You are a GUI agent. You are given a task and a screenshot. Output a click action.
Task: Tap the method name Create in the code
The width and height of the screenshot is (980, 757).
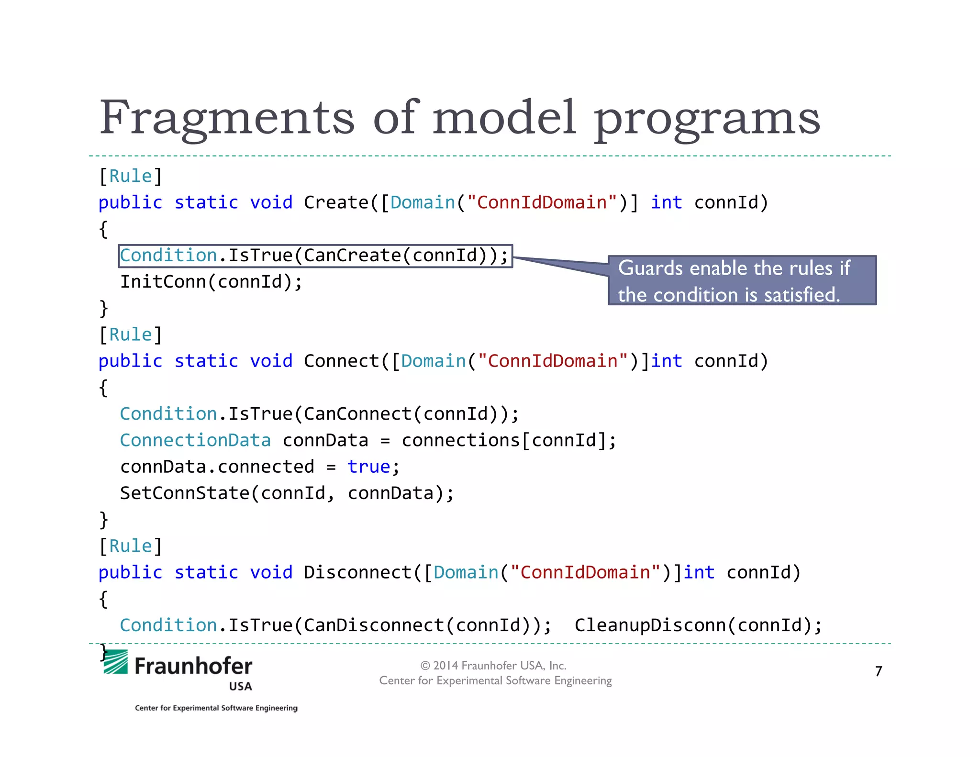(x=336, y=203)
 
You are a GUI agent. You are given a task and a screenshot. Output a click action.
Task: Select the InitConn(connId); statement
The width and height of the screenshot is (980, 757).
(x=211, y=282)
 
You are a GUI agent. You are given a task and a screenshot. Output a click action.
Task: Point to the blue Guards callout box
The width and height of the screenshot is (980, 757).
(x=742, y=281)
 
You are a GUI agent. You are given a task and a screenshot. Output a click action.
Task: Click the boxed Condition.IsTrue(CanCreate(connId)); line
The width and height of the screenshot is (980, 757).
(x=315, y=256)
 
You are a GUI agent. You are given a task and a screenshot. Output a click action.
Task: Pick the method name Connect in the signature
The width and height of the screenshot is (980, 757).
(x=341, y=361)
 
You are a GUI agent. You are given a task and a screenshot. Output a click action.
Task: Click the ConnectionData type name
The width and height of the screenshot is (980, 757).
(x=195, y=440)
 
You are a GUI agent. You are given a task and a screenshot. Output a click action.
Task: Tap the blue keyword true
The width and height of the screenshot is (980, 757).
(x=368, y=467)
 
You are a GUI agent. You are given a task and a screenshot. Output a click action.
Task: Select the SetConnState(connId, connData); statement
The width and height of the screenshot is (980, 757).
(x=287, y=493)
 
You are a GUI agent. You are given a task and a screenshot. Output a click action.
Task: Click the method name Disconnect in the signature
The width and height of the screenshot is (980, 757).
(x=357, y=573)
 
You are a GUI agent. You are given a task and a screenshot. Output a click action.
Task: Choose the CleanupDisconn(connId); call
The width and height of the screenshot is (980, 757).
(x=698, y=625)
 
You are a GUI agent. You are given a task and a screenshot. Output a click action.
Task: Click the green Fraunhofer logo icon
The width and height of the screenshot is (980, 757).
(x=116, y=663)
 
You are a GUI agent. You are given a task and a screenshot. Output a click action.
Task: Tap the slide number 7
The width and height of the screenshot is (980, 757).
(x=879, y=671)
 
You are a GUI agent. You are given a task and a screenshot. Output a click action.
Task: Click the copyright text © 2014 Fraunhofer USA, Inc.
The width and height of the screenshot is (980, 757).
(x=493, y=666)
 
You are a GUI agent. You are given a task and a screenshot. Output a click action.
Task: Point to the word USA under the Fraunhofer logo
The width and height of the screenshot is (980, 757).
(x=240, y=687)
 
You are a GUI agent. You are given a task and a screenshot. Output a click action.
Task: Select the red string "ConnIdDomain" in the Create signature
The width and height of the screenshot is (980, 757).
(x=542, y=203)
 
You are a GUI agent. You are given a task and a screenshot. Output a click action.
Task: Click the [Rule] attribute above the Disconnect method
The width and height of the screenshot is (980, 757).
(x=131, y=546)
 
